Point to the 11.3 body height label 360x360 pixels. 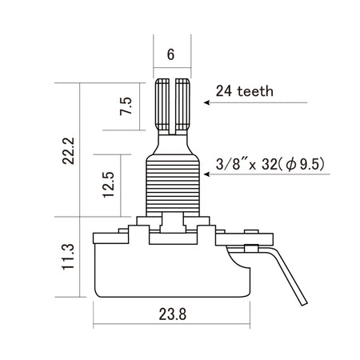[x=70, y=258]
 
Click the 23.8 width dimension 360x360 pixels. [x=173, y=315]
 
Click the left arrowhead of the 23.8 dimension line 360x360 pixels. [x=97, y=326]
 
